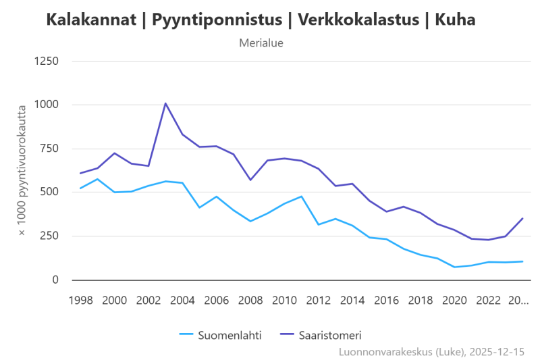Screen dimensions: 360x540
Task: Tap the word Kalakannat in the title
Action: click(90, 20)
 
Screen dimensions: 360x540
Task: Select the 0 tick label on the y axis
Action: click(55, 280)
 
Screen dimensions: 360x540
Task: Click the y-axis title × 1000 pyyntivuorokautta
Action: click(22, 170)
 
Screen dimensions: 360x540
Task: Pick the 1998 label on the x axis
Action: click(80, 300)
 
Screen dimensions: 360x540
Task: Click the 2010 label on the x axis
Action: click(284, 300)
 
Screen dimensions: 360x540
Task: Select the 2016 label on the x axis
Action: click(386, 300)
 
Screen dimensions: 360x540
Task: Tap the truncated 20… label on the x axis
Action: click(518, 300)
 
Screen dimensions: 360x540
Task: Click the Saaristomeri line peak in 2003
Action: click(165, 103)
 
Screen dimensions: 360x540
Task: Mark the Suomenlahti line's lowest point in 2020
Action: click(454, 267)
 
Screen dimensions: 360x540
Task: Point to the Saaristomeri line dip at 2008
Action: click(250, 180)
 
